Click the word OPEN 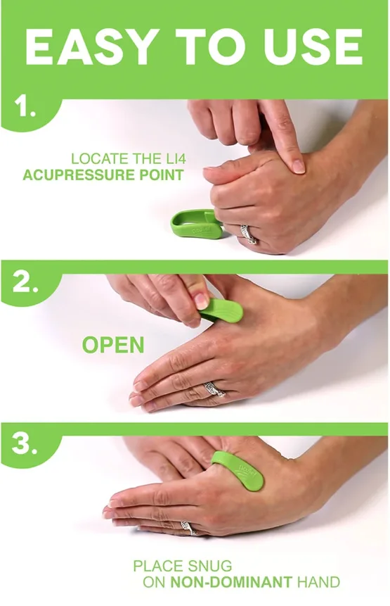(x=112, y=345)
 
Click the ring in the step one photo (x=248, y=234)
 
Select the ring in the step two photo (x=214, y=389)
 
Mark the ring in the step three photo (x=187, y=527)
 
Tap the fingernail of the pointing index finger (x=299, y=166)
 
